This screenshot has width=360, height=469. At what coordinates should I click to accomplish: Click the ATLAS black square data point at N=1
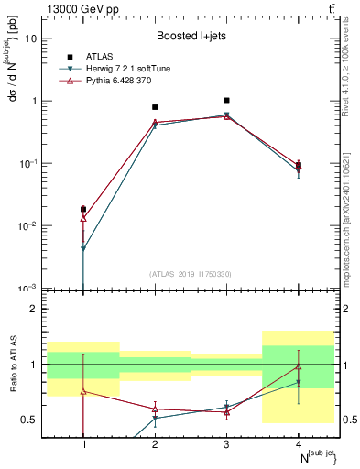click(83, 209)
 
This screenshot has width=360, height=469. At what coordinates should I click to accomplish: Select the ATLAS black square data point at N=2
click(155, 107)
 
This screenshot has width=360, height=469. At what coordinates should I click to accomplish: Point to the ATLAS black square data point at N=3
click(226, 100)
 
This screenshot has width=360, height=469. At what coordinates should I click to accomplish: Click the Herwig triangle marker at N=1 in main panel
click(83, 248)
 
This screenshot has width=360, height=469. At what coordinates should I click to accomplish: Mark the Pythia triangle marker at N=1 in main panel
click(83, 218)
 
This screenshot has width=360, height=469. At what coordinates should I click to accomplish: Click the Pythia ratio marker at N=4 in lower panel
click(298, 366)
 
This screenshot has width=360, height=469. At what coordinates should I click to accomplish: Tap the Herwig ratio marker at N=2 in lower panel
click(155, 418)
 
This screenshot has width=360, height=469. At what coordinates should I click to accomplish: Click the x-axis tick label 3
click(226, 444)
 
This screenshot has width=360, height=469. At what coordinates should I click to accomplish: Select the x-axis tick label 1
click(83, 444)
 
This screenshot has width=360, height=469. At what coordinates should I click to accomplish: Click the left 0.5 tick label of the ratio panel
click(30, 420)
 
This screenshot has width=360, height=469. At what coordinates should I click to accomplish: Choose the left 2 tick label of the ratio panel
click(34, 309)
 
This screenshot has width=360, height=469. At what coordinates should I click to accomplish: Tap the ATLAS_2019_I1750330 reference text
click(191, 274)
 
